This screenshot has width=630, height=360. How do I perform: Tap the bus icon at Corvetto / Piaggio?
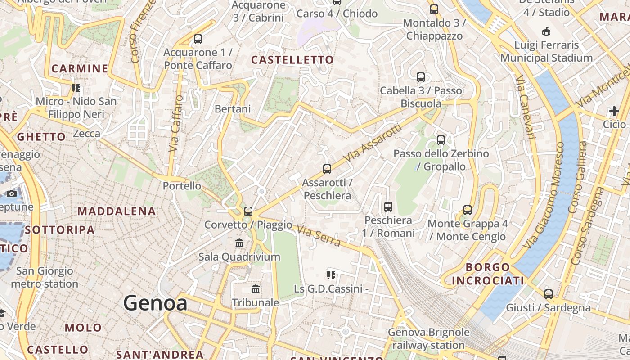coord(248,211)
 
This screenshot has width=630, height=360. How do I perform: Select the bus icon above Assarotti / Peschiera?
coord(327,169)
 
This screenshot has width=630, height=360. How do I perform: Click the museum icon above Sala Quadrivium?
coord(239,243)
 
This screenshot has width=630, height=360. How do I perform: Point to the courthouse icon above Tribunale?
coord(256,289)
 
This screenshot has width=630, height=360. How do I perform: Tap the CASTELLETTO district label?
coord(292,60)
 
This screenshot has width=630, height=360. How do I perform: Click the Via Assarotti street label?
coord(372,144)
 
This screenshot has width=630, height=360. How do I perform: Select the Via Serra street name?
coord(319,236)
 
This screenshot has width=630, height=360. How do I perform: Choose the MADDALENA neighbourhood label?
coord(117,211)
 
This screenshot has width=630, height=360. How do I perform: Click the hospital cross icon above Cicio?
coord(614,111)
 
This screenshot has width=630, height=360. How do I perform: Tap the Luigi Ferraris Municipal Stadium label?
coord(546,52)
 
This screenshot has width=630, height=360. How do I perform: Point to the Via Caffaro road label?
coord(176,123)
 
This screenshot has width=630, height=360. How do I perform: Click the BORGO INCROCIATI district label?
coord(488,274)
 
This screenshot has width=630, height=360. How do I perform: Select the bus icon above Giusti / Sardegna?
coord(549,294)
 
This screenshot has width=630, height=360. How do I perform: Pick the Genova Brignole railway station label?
coord(428,339)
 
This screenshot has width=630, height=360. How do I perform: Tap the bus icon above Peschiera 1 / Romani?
coord(388,207)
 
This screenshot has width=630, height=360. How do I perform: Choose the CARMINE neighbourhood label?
coord(80,69)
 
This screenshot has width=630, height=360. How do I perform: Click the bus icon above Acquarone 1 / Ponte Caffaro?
coord(198,39)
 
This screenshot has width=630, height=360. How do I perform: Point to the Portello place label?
coord(182,186)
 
